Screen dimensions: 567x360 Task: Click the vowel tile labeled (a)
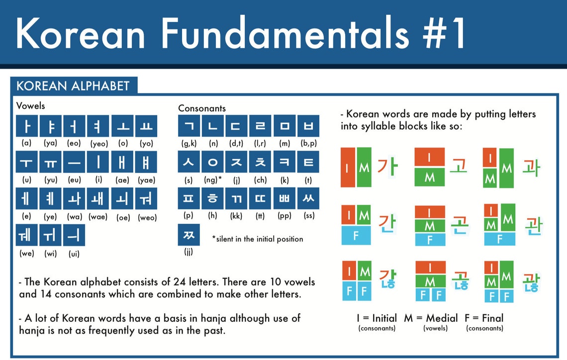tap(27, 126)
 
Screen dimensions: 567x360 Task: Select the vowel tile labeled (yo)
tap(146, 126)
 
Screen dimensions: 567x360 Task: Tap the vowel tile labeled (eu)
tap(74, 162)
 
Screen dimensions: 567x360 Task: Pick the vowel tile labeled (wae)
tap(98, 198)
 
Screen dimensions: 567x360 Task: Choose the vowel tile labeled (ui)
tap(74, 235)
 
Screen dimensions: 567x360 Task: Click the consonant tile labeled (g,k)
tap(189, 126)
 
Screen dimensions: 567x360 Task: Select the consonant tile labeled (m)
tap(284, 126)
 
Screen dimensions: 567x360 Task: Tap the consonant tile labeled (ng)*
tap(213, 162)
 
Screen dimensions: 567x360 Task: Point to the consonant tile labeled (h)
tap(213, 198)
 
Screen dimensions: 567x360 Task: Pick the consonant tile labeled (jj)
tap(189, 235)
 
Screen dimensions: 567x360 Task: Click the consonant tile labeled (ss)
tap(308, 198)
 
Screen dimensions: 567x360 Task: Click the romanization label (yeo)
tap(99, 144)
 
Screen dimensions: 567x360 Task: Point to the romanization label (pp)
tap(284, 216)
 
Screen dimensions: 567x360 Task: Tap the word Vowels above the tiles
tap(31, 106)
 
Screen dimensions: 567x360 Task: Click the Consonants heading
tap(202, 108)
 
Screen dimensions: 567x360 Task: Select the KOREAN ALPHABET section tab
tap(74, 86)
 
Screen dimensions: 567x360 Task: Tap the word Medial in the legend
tap(442, 318)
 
